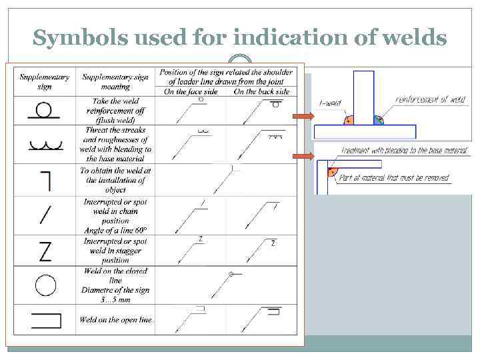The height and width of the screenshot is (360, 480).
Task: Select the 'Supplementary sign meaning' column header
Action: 115,81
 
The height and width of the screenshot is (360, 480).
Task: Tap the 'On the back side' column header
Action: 261,91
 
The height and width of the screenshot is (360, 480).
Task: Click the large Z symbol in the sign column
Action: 45,251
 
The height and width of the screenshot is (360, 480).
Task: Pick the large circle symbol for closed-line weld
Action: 45,285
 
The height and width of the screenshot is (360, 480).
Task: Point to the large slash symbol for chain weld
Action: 45,215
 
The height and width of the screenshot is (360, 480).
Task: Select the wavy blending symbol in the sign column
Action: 45,145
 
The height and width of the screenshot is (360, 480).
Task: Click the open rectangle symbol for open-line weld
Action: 45,321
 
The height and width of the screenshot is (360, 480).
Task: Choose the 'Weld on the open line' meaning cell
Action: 115,320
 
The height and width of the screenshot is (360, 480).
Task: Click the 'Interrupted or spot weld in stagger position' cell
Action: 115,251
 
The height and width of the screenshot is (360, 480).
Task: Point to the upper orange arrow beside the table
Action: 303,117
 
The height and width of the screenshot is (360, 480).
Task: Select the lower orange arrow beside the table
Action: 303,157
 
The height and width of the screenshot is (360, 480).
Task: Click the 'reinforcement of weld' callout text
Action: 430,100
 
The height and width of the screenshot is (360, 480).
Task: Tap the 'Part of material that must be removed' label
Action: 393,178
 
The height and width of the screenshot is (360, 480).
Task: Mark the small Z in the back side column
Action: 273,243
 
